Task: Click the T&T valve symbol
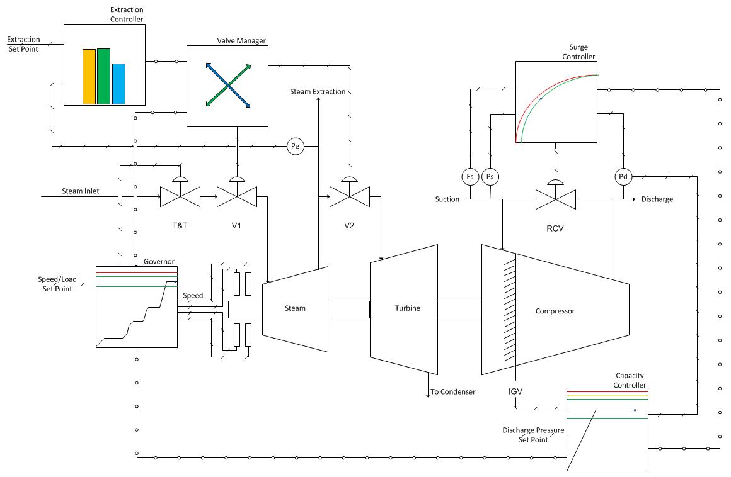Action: [180, 196]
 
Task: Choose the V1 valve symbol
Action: [237, 196]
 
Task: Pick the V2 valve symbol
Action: [350, 196]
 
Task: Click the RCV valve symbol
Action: [556, 199]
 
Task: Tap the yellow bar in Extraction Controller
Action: [89, 77]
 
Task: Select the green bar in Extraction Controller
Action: [103, 76]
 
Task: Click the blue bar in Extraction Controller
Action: [118, 84]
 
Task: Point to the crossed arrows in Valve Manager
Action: [228, 85]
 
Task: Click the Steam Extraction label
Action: [318, 92]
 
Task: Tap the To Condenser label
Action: [452, 392]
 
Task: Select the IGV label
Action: [515, 391]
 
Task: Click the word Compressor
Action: [555, 311]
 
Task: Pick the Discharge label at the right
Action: [657, 199]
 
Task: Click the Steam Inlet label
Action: [81, 191]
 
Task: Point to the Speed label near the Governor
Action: [193, 296]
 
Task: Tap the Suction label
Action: [447, 199]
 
